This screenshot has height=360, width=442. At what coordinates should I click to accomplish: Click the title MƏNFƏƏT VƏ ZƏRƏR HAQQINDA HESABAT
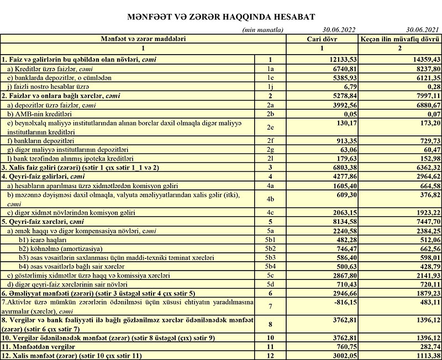coord(221,16)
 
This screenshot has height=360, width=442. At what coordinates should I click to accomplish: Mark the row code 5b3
coord(270,258)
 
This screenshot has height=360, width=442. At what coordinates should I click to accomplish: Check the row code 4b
coord(270,200)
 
